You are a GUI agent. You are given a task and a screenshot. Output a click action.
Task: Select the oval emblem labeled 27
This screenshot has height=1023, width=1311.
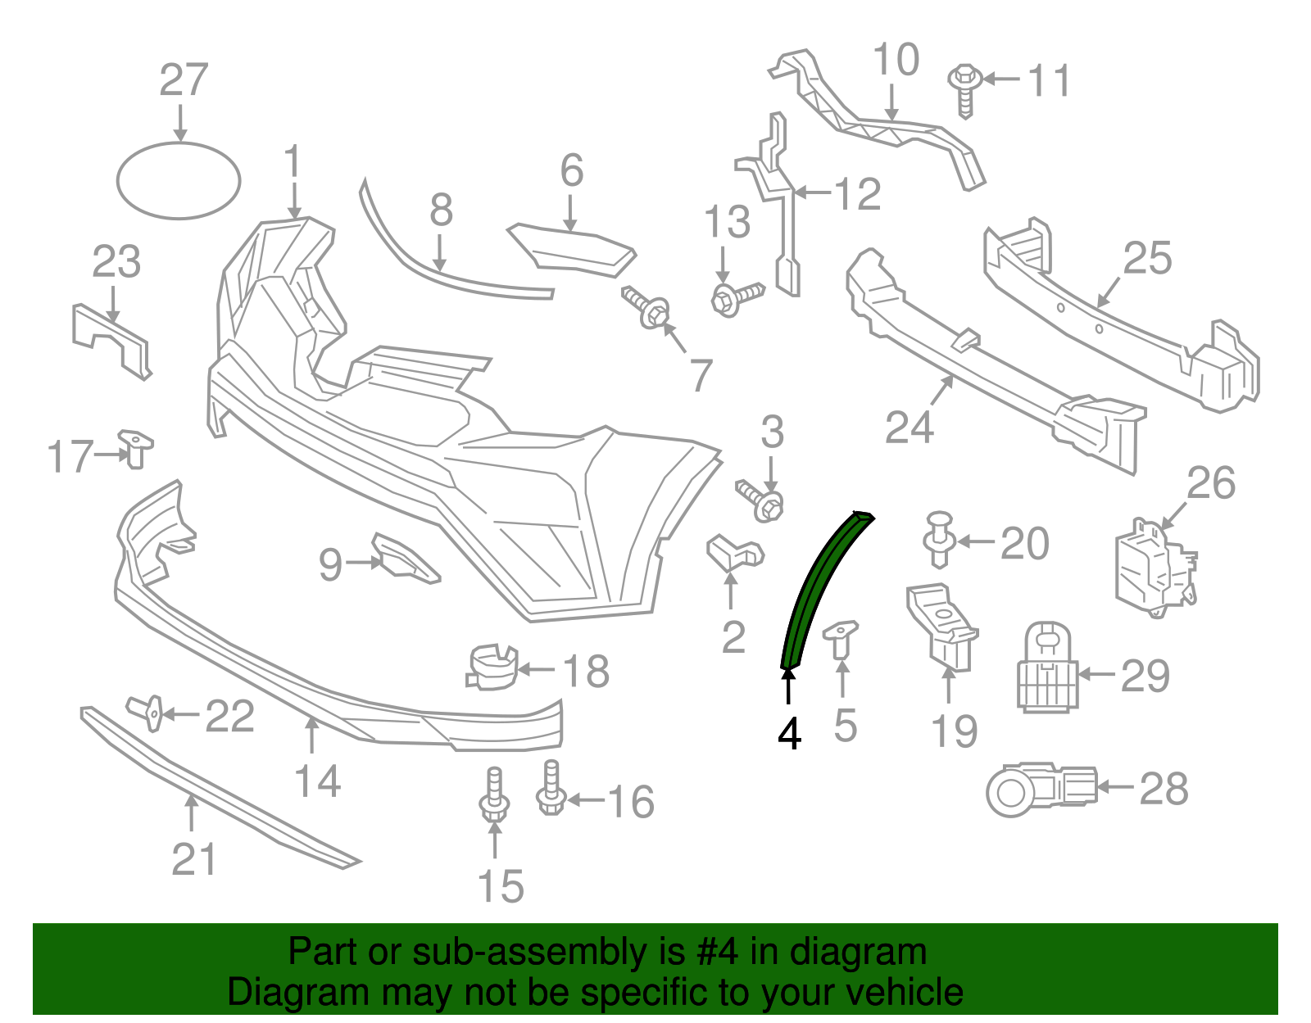click(179, 181)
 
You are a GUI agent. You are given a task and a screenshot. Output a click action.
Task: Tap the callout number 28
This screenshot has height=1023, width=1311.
click(1164, 790)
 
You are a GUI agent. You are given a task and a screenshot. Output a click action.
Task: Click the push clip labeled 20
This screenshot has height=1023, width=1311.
click(939, 538)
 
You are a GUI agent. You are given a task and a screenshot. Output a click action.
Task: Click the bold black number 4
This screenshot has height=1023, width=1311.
click(789, 734)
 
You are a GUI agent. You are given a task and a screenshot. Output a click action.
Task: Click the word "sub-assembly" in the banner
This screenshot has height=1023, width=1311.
click(528, 952)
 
